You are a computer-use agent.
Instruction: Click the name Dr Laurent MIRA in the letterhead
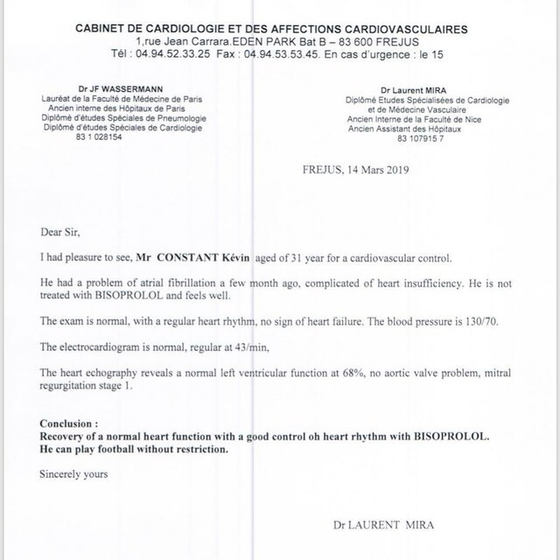pos(414,90)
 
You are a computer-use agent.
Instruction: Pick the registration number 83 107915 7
pos(427,137)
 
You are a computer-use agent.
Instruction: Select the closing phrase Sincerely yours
pos(74,475)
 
